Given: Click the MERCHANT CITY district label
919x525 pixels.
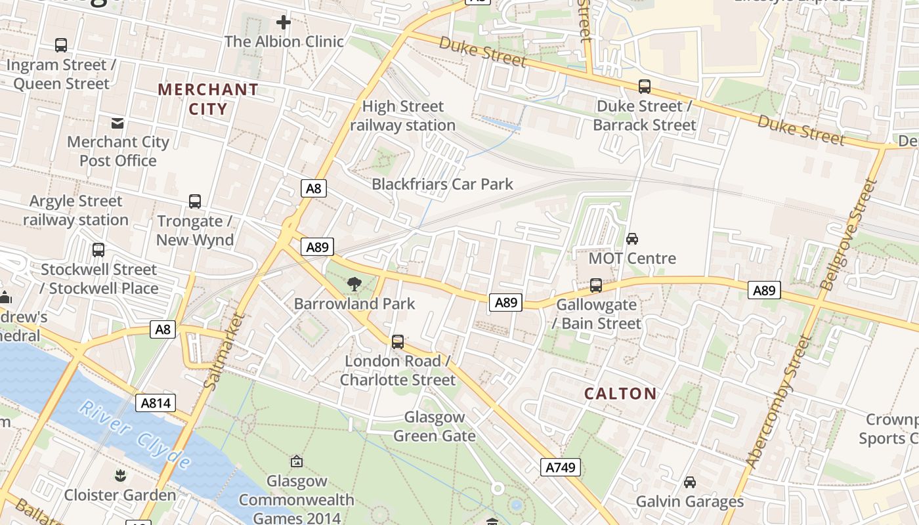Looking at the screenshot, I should coord(208,99).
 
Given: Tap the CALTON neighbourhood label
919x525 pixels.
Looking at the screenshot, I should coord(620,394).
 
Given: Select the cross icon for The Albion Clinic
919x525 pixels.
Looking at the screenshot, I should coord(284,23).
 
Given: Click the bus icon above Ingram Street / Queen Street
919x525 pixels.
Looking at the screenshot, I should coord(61,45).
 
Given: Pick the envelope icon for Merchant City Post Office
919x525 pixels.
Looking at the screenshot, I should coord(118,123).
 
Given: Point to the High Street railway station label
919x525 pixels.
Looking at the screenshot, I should coord(402,115).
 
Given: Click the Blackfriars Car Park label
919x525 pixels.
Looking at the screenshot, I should coord(442,184).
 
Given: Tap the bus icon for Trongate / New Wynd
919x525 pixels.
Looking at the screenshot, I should coord(195,201).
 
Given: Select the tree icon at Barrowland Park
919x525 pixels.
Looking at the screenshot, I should coord(354,284).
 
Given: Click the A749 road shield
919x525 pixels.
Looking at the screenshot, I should coord(561,467).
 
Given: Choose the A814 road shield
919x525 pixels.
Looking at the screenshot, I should coord(156,403).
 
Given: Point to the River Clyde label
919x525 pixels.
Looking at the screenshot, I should coord(135,435).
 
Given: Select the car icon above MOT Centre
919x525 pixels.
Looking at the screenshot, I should coord(632,239).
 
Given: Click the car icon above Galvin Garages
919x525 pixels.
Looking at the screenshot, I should coord(690,482).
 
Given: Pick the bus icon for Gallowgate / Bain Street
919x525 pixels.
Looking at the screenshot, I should coord(596,285).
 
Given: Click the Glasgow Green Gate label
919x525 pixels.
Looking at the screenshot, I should coord(434,426).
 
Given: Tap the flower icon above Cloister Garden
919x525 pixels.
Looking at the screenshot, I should coord(119,474).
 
